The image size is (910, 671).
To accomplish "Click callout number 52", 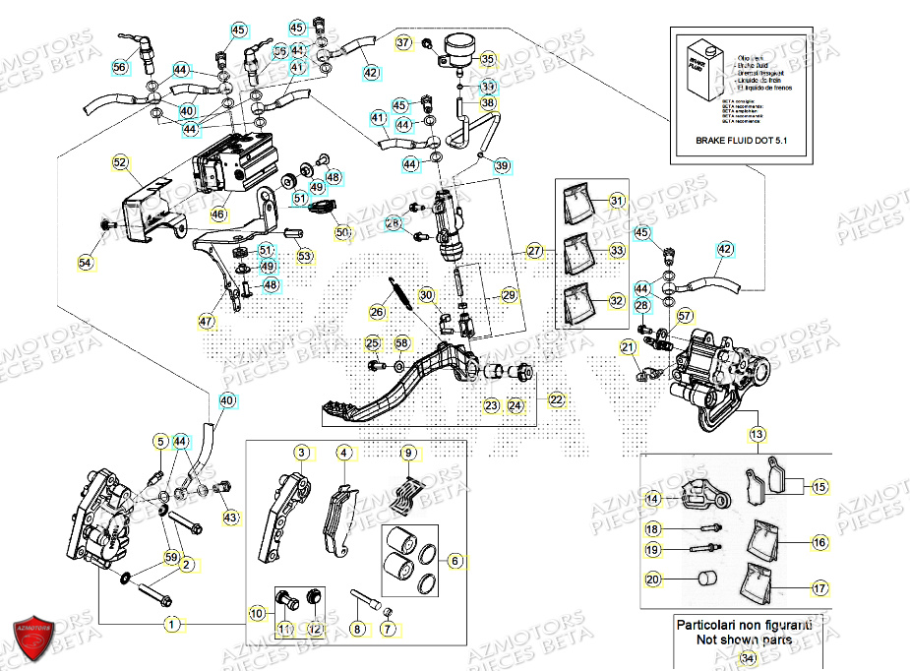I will tap(120, 162).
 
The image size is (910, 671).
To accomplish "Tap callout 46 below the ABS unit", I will tap(218, 213).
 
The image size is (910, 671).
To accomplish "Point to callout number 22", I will tap(557, 399).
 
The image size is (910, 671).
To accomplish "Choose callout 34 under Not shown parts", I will tap(749, 657).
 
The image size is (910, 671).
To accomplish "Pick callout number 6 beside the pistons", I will tap(455, 561).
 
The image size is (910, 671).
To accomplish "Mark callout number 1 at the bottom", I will tap(172, 624).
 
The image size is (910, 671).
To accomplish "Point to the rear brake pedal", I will tap(413, 384).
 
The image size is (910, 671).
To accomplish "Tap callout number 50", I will tap(342, 233).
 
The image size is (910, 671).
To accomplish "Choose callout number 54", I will tap(86, 263).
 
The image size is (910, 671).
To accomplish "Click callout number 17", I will tap(820, 589).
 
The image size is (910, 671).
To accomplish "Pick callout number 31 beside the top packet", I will tap(617, 202).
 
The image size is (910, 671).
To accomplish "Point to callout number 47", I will tap(206, 321).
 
